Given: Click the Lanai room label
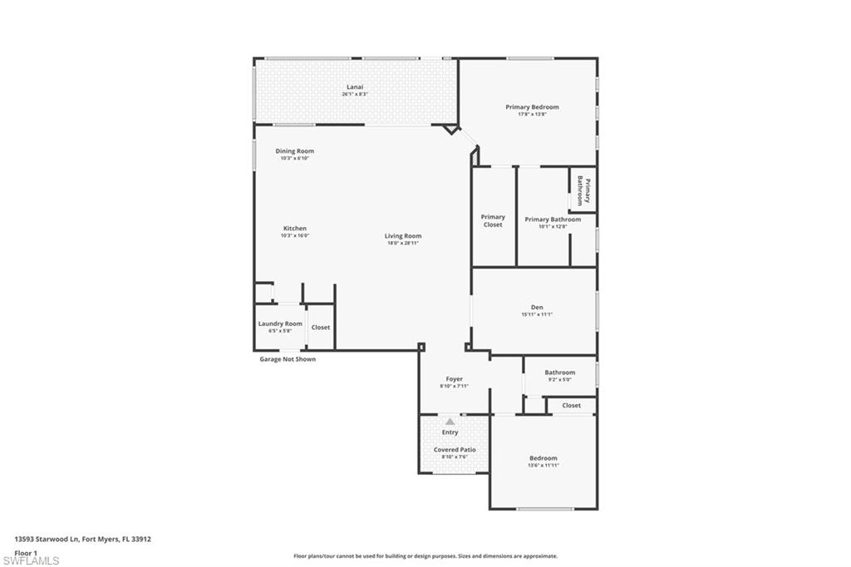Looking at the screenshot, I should point(355,86).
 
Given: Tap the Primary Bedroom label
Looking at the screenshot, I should point(532,106).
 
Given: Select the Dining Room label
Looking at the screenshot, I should point(294,150).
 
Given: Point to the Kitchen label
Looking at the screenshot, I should point(294,228).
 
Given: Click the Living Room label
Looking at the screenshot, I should point(402,235).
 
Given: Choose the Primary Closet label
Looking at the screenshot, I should point(493,220).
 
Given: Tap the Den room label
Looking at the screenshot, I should point(537,307).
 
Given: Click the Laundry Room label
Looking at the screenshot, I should point(280,323).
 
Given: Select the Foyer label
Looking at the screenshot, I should point(454,378).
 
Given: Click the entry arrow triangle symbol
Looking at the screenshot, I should point(450,422).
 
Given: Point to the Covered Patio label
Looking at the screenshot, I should point(455,449).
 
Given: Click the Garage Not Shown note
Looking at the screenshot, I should point(288,359).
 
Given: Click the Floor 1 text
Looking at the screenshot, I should point(26,552).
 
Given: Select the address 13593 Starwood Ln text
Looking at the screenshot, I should point(82,539).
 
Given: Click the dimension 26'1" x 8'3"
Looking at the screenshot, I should point(355,94).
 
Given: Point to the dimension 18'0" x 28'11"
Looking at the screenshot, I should point(402,243).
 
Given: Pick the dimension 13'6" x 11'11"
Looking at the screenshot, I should point(544,465).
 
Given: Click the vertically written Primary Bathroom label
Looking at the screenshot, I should point(583,192).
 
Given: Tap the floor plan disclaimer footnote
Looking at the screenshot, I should point(425,556).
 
